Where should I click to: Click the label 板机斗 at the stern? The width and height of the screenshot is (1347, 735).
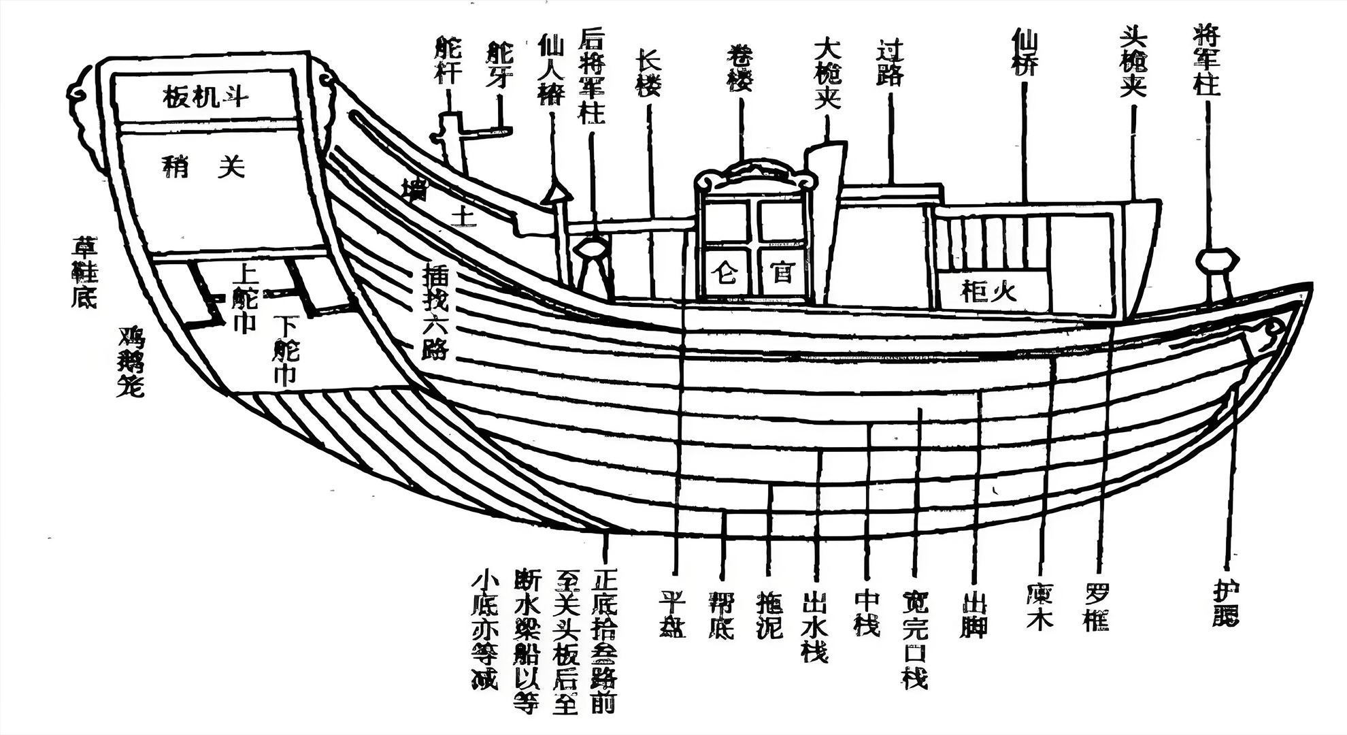(205, 97)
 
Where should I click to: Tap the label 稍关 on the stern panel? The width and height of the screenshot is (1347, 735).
(203, 166)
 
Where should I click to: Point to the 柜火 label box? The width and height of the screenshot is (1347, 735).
(991, 292)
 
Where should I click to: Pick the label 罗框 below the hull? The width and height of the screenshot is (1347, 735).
(1097, 607)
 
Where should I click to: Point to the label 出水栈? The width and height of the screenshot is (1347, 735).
(814, 626)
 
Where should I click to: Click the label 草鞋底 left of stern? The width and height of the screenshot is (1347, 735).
(86, 272)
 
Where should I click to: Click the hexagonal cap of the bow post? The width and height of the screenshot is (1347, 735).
(1217, 259)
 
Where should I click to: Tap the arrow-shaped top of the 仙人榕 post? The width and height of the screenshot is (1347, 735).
(556, 193)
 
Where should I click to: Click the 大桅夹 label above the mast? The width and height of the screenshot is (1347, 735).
(827, 73)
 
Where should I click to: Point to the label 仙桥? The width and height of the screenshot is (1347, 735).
(1024, 52)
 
